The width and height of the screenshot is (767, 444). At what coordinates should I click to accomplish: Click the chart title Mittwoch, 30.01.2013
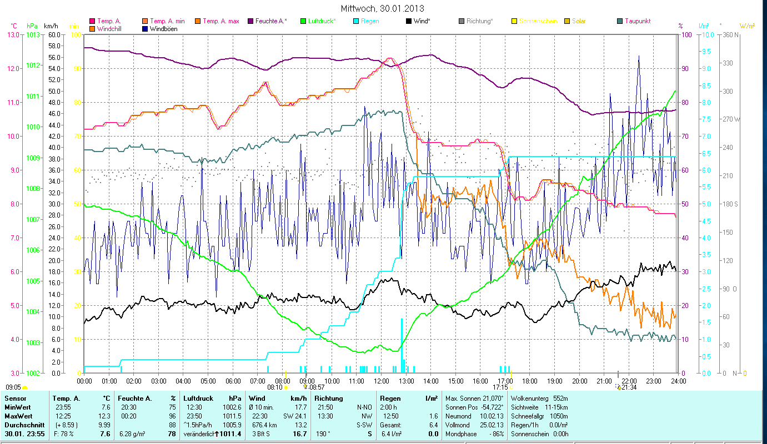383,9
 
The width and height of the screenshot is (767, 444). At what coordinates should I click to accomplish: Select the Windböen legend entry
163,29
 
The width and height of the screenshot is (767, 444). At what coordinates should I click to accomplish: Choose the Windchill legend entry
111,29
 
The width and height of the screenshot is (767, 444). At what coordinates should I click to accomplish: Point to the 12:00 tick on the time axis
382,381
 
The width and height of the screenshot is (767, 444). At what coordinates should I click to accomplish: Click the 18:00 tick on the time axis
530,381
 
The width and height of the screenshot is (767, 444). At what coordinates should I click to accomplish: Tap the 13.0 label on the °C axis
13,34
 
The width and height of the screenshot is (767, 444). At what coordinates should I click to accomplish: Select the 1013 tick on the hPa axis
32,34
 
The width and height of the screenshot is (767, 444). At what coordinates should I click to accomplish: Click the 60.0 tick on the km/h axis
54,34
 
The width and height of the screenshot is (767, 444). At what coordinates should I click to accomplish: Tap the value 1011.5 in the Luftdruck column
232,416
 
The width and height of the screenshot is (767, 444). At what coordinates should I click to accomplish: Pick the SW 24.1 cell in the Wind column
295,416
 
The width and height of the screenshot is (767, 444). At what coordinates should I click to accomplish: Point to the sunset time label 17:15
500,387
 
